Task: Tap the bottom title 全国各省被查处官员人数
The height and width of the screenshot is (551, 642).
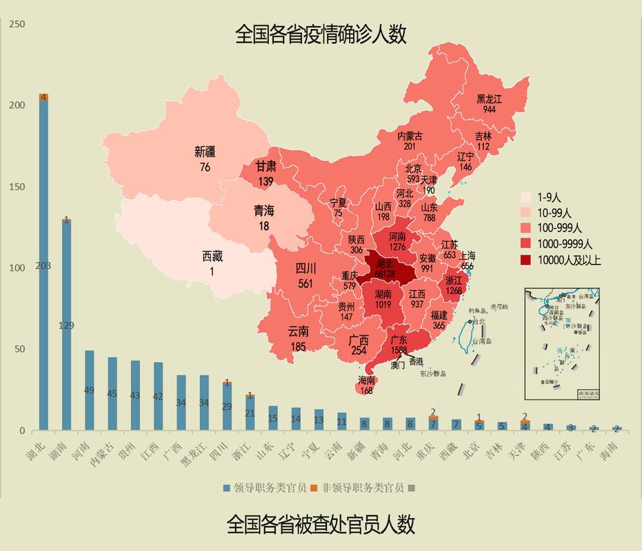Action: (321, 525)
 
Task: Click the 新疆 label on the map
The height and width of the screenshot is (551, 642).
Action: (205, 152)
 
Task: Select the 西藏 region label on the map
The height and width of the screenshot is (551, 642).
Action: (212, 256)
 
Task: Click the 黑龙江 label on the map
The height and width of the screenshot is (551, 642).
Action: (490, 99)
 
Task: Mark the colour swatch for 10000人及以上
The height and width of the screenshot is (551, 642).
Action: (529, 259)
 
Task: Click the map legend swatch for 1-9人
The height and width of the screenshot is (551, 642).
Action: (529, 196)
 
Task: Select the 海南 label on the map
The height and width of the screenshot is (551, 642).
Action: (366, 381)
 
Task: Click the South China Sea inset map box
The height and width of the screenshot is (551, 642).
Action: (561, 344)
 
